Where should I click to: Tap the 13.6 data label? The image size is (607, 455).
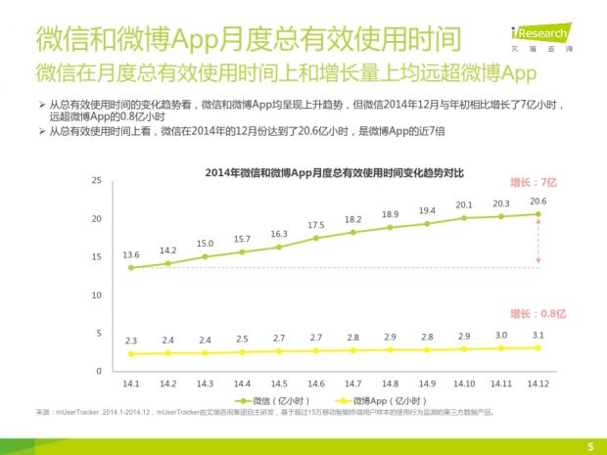click(130, 254)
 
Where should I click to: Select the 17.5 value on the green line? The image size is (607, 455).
click(315, 225)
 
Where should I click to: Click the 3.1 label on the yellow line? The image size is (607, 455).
click(537, 334)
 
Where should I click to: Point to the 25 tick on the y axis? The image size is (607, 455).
click(96, 181)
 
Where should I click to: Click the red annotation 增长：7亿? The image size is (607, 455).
click(534, 182)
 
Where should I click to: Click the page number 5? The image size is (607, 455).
click(589, 446)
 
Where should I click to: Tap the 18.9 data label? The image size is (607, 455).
click(390, 214)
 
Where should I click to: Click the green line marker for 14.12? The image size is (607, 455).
click(537, 214)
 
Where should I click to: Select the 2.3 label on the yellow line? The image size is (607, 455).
click(130, 340)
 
